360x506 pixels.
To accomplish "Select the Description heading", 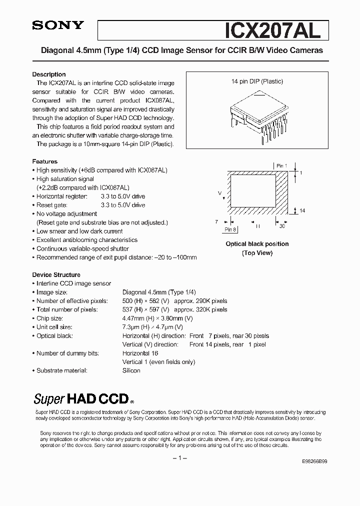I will coord(49,74).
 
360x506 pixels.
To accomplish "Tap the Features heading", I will coord(45,161).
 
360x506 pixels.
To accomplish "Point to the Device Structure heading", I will coord(56,274).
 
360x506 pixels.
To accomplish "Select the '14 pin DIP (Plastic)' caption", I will coord(257,81).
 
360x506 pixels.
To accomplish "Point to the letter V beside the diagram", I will coord(219,192).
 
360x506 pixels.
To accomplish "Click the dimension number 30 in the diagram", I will coord(282,226).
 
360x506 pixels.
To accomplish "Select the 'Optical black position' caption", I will coord(257,244).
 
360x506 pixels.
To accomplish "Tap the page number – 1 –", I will coord(179,458).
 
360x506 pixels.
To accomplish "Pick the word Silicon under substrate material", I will coord(131,370).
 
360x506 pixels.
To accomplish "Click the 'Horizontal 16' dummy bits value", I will coord(140,353).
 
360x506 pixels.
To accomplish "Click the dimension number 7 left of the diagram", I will coord(216,220).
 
